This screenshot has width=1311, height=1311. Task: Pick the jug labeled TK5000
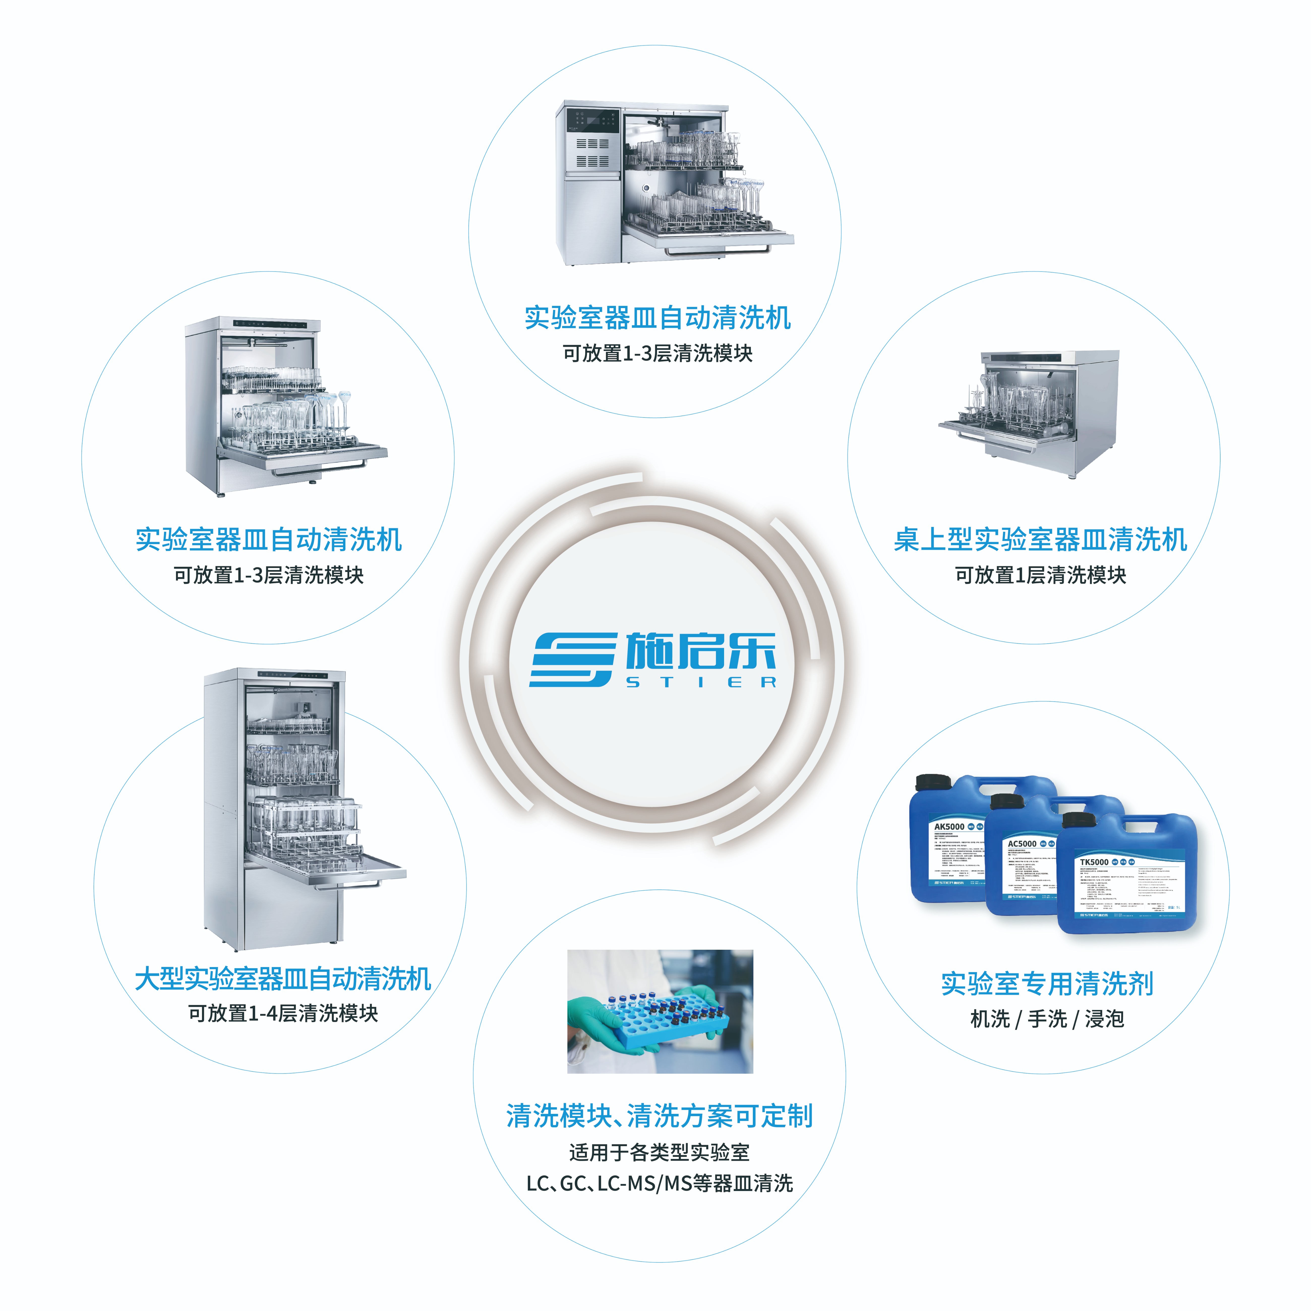point(1126,882)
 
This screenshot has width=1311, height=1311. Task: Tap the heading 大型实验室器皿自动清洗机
point(283,978)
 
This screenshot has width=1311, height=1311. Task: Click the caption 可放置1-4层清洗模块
point(283,1013)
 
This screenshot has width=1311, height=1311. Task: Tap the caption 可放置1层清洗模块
point(1040,575)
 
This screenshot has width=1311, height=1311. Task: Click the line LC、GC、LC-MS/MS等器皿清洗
point(660,1183)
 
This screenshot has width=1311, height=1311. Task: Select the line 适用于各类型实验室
point(660,1152)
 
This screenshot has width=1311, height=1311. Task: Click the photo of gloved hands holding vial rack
point(660,1011)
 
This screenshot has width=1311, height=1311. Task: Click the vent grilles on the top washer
point(592,153)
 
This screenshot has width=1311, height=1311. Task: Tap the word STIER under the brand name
point(700,682)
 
